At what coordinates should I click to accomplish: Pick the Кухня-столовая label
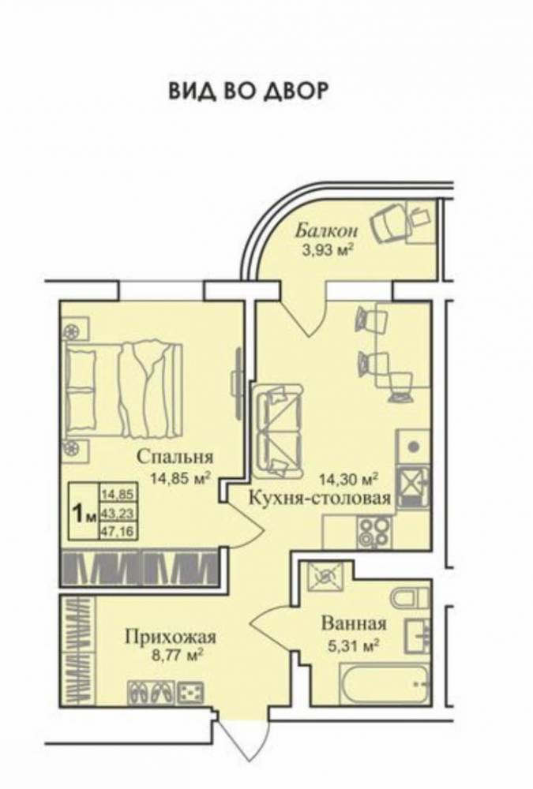pos(320,498)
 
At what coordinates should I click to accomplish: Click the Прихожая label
pos(171,635)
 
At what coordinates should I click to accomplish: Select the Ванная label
pos(353,623)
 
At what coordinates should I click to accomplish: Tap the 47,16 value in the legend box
pos(116,532)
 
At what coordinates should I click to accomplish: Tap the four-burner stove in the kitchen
pos(374,530)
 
